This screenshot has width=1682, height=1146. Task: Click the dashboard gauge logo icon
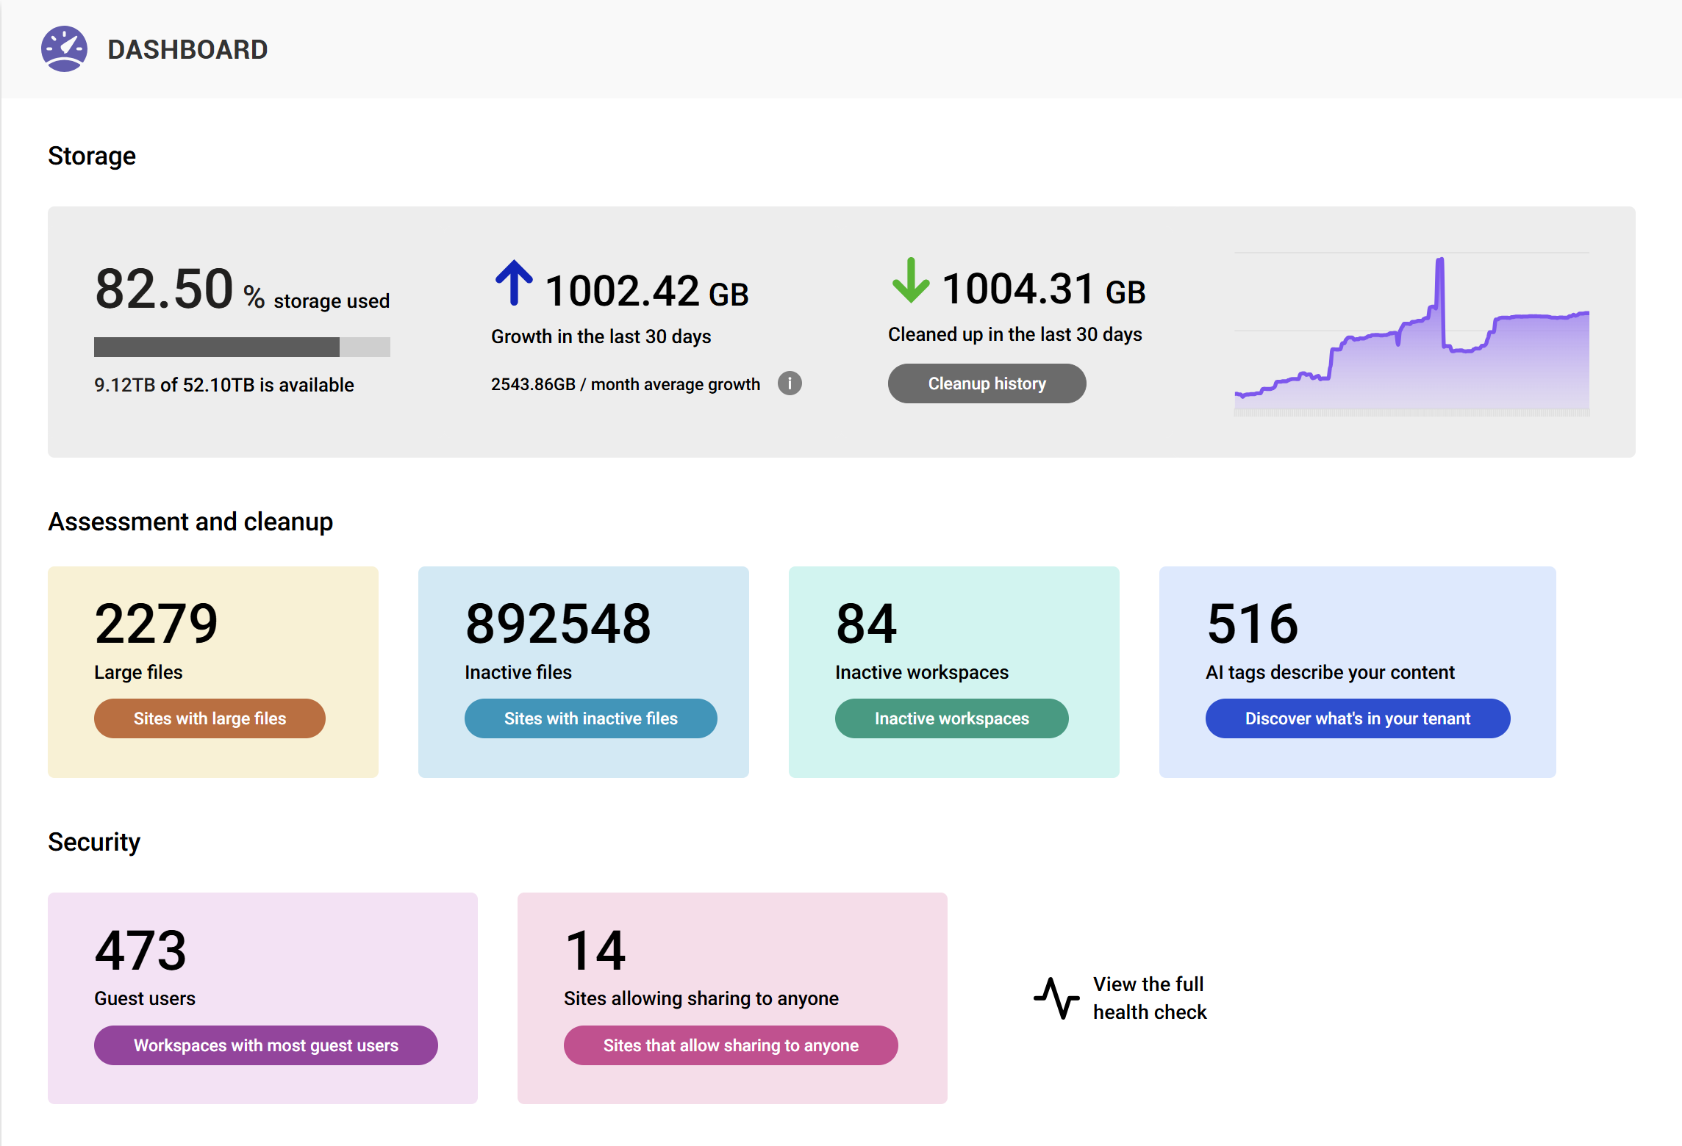(x=64, y=49)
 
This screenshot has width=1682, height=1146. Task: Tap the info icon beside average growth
(x=790, y=383)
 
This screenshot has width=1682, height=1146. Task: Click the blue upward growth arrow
(x=514, y=283)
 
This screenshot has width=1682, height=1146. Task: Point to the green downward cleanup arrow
(x=911, y=281)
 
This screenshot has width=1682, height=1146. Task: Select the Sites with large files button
(x=210, y=718)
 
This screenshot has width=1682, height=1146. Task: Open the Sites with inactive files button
(x=590, y=718)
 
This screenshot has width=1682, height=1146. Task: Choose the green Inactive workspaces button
(x=951, y=718)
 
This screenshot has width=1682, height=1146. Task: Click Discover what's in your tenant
(x=1357, y=718)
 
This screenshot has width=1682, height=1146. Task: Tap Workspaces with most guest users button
(x=265, y=1045)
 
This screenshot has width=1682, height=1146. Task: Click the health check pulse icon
(x=1056, y=998)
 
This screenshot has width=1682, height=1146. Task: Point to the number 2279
(x=156, y=624)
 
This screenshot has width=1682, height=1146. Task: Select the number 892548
(x=558, y=624)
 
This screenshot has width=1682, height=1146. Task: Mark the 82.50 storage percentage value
(x=164, y=289)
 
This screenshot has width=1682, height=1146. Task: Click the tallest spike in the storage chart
(x=1440, y=262)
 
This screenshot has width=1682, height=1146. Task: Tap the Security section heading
(x=94, y=842)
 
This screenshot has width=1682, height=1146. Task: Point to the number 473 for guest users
(x=140, y=951)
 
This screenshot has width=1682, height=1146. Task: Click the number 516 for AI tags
(x=1253, y=624)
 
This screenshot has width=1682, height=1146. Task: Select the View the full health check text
(x=1149, y=998)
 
